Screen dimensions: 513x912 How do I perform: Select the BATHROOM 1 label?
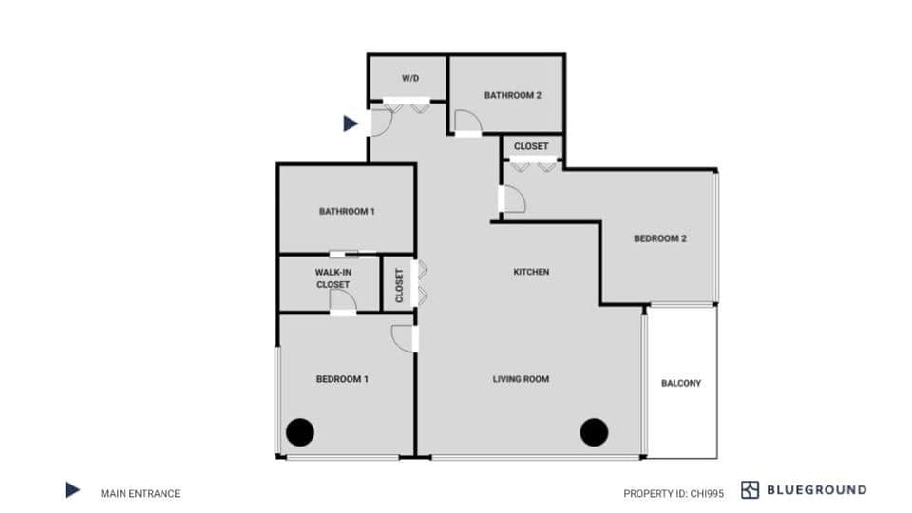point(347,211)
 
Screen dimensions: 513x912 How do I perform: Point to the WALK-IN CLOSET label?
point(332,277)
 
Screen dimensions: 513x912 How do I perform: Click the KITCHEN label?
point(531,272)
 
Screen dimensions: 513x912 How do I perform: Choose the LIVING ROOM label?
point(521,379)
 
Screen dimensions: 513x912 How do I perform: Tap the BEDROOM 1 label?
point(342,379)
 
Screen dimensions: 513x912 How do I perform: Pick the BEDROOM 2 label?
point(660,238)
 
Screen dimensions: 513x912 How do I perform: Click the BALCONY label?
point(681,383)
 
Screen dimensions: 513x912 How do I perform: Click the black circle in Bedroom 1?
point(300,432)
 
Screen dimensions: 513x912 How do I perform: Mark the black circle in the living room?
point(595,432)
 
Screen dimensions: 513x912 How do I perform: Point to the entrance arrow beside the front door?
point(351,123)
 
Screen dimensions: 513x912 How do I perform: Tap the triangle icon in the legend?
point(72,490)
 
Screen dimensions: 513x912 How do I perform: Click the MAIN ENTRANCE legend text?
point(140,493)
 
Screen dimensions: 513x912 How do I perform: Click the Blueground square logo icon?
point(750,490)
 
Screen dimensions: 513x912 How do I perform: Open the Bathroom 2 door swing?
point(467,122)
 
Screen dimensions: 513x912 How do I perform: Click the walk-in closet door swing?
point(343,300)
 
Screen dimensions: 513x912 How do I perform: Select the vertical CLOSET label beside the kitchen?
point(399,284)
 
